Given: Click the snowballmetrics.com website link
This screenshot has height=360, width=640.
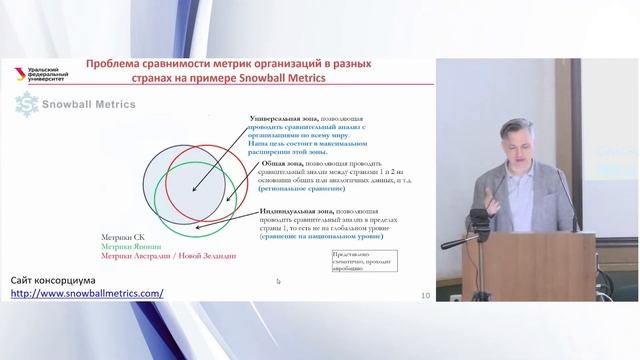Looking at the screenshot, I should [x=87, y=293].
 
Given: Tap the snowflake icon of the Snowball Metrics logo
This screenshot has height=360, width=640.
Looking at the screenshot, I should [x=26, y=104].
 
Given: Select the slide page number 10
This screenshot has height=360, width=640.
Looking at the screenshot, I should [x=426, y=295].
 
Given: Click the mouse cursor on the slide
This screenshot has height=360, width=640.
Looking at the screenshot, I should [x=278, y=281].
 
